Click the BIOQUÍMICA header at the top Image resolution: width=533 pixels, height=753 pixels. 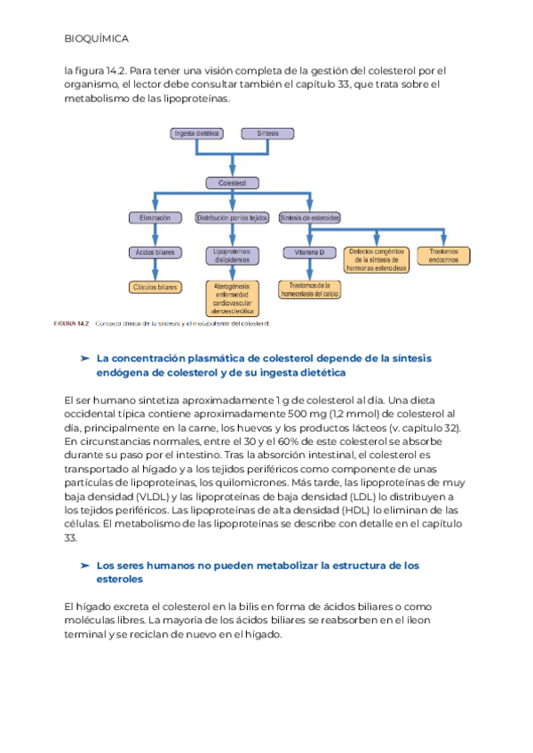98,39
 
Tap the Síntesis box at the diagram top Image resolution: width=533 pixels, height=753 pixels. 267,133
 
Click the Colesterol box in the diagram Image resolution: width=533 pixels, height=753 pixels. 232,183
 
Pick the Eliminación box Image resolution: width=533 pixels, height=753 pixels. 155,218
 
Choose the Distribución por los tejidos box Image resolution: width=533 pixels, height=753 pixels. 232,218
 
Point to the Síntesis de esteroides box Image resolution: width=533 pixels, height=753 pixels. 309,218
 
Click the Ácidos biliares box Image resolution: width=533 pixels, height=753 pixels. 155,253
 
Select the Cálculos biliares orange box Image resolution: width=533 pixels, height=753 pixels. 155,287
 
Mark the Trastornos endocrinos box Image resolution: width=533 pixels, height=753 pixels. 443,256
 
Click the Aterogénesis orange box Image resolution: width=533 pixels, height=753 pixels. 232,298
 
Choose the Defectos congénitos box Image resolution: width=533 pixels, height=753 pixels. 377,258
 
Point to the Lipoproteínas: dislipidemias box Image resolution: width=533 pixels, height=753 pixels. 232,257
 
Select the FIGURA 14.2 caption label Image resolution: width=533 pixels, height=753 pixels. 72,323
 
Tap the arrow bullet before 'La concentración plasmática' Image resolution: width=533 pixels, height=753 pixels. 84,358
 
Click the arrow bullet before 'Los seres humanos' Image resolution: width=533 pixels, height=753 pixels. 84,565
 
